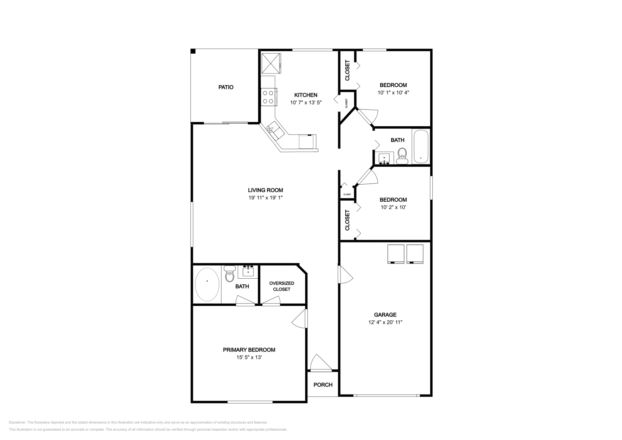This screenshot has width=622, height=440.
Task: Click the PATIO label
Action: (225, 87)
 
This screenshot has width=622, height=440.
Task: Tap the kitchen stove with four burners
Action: (268, 97)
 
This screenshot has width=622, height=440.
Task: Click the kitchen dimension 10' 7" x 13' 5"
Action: (306, 103)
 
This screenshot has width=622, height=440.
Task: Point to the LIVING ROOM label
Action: (266, 190)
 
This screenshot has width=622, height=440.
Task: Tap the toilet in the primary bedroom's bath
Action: (230, 274)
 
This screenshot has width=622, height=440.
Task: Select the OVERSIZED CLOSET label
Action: (281, 286)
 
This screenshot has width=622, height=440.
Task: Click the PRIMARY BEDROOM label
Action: (249, 350)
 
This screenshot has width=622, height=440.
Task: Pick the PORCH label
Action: (323, 385)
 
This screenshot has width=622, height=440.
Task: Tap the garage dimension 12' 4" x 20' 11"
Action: (385, 322)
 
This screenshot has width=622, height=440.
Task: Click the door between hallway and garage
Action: (345, 275)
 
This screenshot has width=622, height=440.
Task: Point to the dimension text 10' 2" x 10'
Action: (393, 207)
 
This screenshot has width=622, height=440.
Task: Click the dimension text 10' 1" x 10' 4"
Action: (393, 93)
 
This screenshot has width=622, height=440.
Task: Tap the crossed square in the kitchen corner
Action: (271, 63)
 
